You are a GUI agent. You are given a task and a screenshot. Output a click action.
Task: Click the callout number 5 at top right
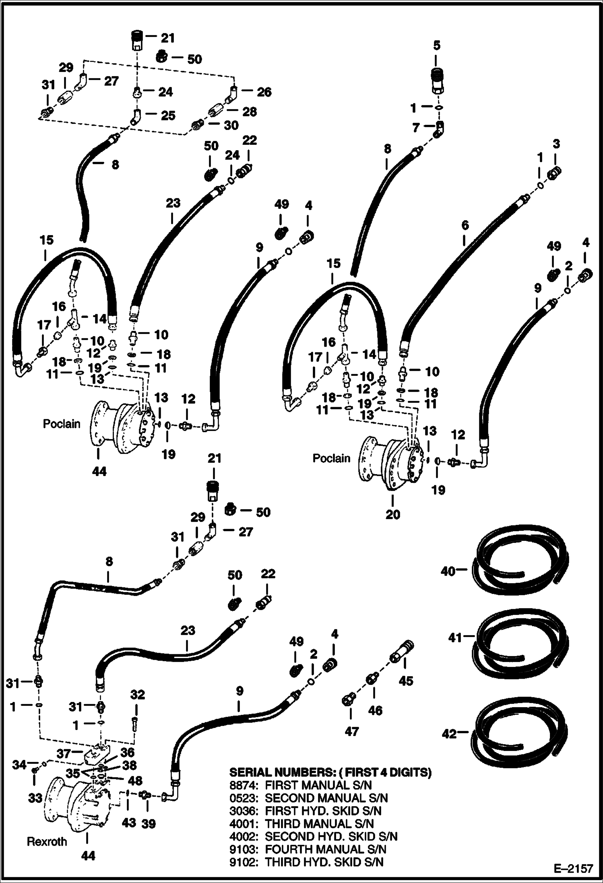(437, 45)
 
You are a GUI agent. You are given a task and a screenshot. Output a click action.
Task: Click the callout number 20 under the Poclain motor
(393, 514)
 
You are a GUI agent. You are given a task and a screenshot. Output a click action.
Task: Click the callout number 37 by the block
(64, 753)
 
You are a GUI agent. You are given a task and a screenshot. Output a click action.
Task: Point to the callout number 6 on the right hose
(465, 225)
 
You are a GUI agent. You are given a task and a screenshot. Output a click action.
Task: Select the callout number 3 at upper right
(556, 144)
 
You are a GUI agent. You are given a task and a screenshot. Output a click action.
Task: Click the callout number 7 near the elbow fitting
(416, 128)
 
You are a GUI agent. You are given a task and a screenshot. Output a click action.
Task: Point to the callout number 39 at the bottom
(149, 824)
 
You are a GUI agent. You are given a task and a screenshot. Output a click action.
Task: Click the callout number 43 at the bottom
(129, 823)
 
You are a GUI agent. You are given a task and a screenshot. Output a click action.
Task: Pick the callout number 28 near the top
(250, 111)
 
